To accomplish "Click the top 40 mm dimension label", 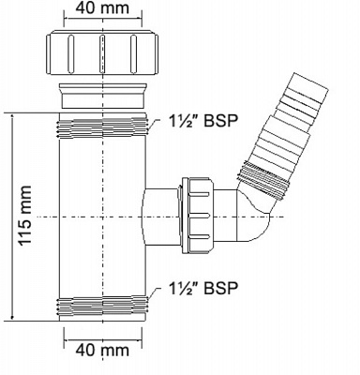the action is point(102,8).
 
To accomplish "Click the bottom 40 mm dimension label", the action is point(102,350).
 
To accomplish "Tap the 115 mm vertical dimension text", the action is point(24,215).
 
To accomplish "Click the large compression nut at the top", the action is point(102,52).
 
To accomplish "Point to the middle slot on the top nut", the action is point(102,52).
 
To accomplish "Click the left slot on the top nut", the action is point(70,52).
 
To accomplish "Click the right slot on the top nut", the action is point(133,52).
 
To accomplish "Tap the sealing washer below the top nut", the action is point(102,96).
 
